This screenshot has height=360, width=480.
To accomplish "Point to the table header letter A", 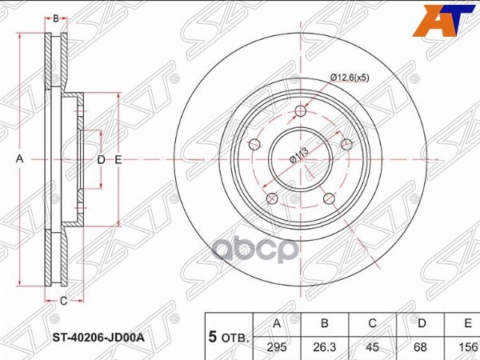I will (x=278, y=323).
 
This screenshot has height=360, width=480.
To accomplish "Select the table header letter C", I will (x=372, y=323).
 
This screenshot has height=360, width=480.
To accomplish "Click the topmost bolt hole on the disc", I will (x=300, y=111).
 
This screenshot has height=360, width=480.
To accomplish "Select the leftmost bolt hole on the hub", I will (x=254, y=145).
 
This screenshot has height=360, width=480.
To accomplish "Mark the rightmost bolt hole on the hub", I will (x=346, y=144).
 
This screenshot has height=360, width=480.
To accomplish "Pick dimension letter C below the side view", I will (x=62, y=301).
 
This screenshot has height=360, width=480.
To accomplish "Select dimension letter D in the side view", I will (x=101, y=160).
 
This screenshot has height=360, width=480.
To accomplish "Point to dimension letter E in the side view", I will (x=118, y=160).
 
